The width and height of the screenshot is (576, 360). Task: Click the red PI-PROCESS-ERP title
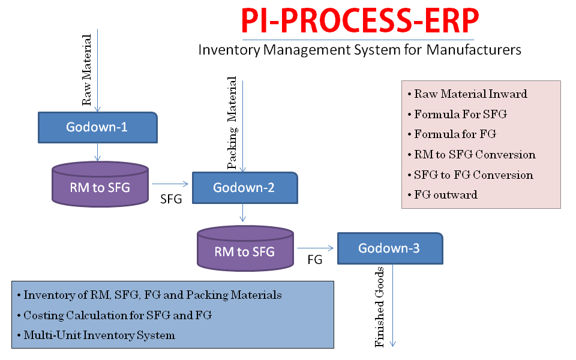tap(360, 22)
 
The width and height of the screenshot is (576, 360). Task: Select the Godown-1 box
tap(97, 127)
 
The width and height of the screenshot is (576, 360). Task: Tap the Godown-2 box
tap(244, 187)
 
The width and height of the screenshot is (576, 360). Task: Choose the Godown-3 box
tap(389, 248)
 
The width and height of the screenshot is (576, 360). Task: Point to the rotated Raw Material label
tap(87, 70)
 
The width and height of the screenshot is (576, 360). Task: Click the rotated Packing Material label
tap(232, 124)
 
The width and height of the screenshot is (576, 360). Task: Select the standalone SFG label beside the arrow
tap(171, 200)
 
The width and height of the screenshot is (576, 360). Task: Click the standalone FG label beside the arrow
tap(315, 260)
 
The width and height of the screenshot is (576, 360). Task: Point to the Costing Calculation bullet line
tap(118, 315)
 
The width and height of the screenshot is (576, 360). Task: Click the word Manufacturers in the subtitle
tap(474, 49)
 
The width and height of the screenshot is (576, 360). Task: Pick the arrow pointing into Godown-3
tap(316, 248)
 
